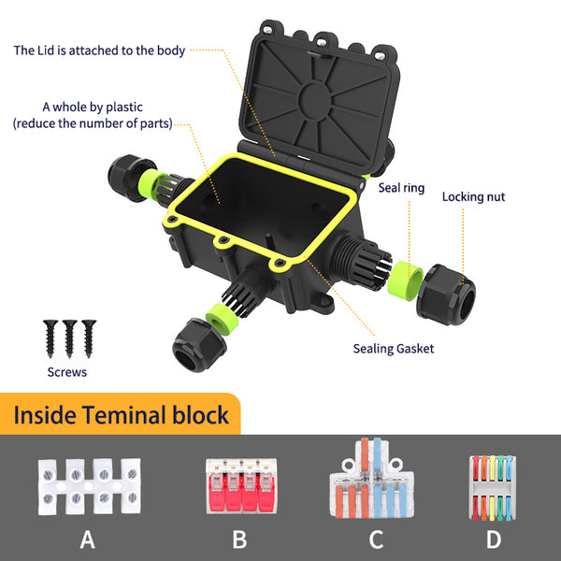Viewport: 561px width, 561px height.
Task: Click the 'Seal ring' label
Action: click(x=401, y=188)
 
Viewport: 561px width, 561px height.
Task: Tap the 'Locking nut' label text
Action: click(x=474, y=197)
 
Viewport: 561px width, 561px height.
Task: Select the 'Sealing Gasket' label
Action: click(x=394, y=349)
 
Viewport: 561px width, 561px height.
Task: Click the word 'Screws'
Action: click(x=66, y=372)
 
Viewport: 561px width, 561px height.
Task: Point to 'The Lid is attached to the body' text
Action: click(x=99, y=50)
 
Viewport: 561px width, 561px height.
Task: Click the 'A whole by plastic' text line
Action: click(x=92, y=107)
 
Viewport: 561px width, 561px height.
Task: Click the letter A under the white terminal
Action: click(x=88, y=539)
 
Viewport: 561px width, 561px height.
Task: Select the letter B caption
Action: click(x=238, y=539)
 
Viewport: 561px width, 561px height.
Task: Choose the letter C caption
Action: click(x=376, y=539)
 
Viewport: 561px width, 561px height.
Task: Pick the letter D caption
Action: click(x=494, y=539)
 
